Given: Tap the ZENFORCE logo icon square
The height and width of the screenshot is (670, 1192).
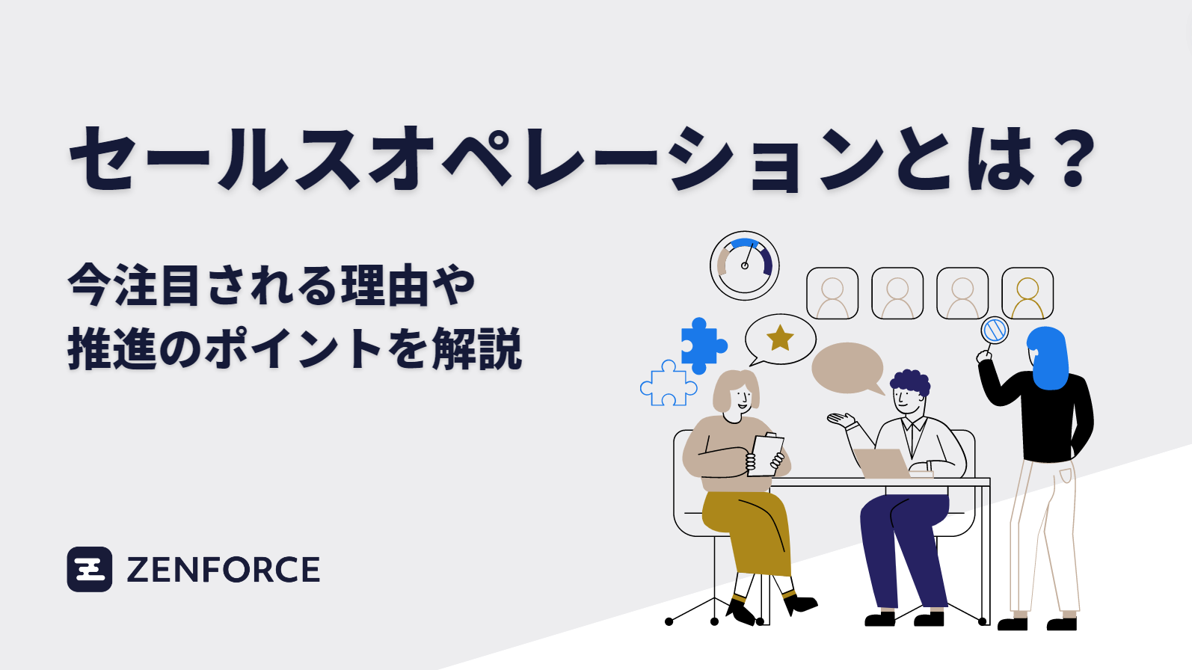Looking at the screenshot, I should coord(90,569).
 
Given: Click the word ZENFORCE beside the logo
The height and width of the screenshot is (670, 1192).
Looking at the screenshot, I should coord(223,570).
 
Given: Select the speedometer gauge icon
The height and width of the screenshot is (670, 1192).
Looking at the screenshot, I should coord(744,265).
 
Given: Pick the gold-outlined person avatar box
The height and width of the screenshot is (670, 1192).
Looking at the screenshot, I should coord(1027,293).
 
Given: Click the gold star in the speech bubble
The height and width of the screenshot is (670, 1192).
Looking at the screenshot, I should coord(780,338).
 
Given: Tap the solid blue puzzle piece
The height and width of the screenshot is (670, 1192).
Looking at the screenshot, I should coord(701,345).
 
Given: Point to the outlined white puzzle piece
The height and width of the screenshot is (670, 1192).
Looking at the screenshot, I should coord(667,385).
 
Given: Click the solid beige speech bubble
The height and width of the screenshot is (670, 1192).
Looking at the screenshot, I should coord(847,368).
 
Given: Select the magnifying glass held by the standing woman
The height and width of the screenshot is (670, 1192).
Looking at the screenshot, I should coord(995,331).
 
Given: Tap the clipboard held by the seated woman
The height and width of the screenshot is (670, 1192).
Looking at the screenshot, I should coord(766,454).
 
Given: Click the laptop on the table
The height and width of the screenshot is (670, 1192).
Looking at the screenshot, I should coord(882,463).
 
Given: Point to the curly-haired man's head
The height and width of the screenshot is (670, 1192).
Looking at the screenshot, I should coord(909,392).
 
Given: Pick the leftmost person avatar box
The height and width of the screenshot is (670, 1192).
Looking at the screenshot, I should coord(832,293).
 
